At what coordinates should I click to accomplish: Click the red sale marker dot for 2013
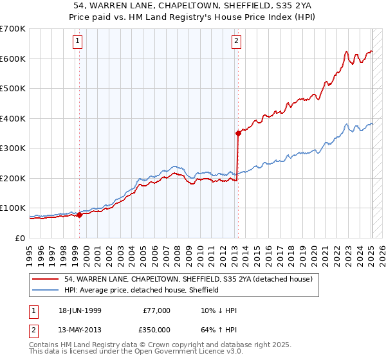(238, 133)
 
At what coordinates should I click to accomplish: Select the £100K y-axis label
(12, 208)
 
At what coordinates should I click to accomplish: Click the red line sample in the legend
(46, 280)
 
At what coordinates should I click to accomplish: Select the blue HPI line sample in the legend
(46, 290)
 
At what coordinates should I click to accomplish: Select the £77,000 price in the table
(157, 310)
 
